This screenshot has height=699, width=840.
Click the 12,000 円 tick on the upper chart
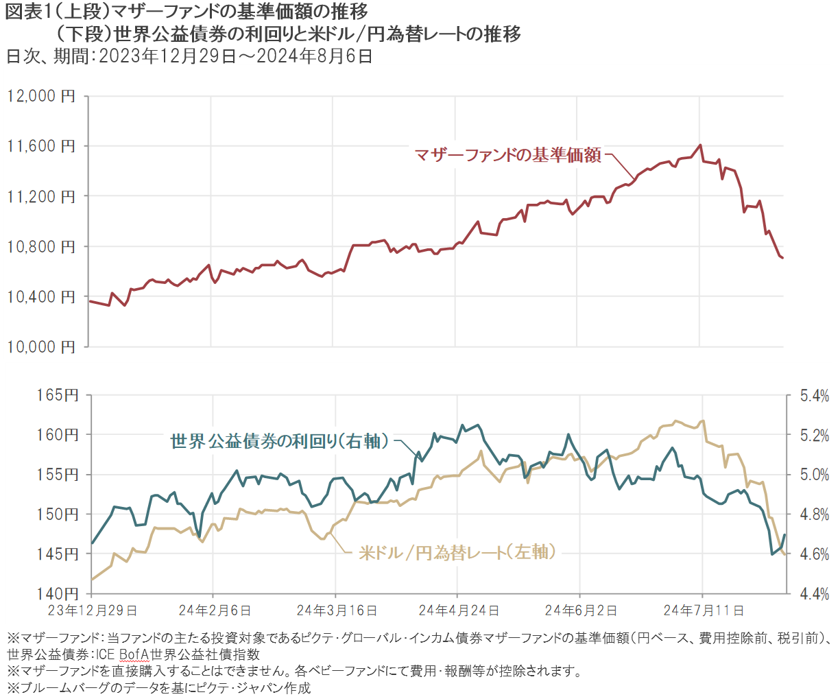[x=41, y=96]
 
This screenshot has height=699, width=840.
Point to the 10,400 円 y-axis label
[x=41, y=297]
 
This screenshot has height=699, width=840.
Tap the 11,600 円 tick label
[x=41, y=146]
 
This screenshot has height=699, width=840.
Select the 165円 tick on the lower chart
[x=59, y=395]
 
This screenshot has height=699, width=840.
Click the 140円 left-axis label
[x=59, y=593]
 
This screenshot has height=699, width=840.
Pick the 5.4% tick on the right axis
[x=814, y=396]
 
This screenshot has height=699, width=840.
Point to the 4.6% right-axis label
[x=814, y=554]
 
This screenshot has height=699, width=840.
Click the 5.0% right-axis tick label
[x=814, y=475]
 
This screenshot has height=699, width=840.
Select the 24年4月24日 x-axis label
[x=459, y=610]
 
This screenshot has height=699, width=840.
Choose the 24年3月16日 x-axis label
[x=337, y=610]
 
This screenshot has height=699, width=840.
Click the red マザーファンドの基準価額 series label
[x=508, y=155]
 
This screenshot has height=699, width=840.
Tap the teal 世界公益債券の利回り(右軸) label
[x=280, y=441]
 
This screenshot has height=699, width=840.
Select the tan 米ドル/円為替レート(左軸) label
[x=457, y=552]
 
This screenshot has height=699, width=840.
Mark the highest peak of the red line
[x=700, y=145]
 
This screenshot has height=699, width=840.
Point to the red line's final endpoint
[x=782, y=258]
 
